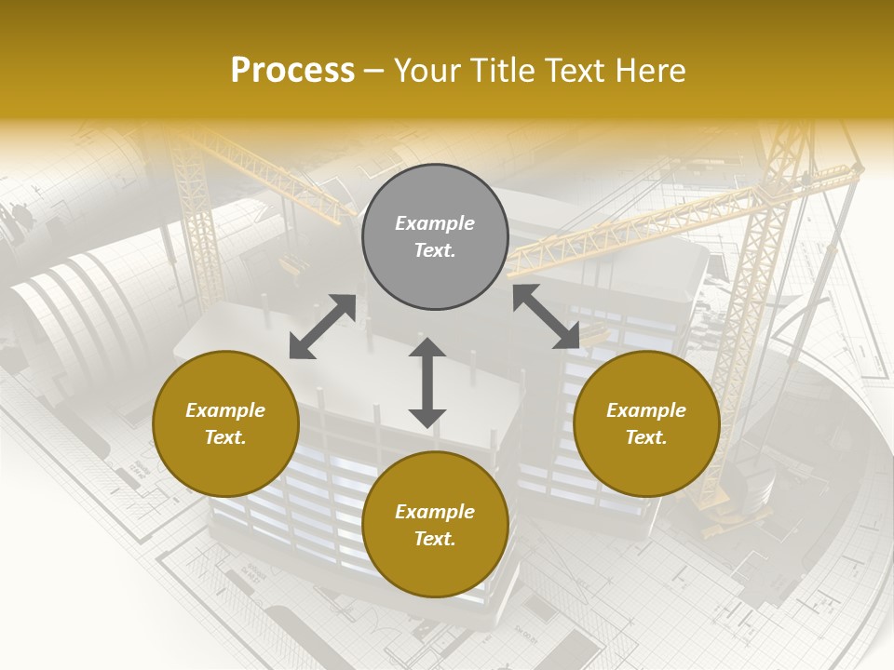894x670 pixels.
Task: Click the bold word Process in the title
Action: [x=292, y=71]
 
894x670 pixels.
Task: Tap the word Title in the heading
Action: [x=504, y=71]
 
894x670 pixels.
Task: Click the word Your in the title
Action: [x=429, y=71]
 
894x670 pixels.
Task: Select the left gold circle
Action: [x=225, y=423]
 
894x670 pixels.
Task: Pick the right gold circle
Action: [x=646, y=423]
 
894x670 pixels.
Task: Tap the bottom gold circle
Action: [x=435, y=525]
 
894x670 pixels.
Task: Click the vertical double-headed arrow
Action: [x=427, y=382]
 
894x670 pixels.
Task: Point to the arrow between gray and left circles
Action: [x=322, y=327]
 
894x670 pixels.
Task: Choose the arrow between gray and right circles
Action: [x=546, y=316]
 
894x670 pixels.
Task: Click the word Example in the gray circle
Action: [x=435, y=223]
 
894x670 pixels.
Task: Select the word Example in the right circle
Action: [x=646, y=410]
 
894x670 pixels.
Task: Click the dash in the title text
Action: [x=374, y=71]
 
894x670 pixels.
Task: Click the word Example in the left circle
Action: [x=225, y=410]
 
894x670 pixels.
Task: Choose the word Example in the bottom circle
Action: [x=435, y=512]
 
